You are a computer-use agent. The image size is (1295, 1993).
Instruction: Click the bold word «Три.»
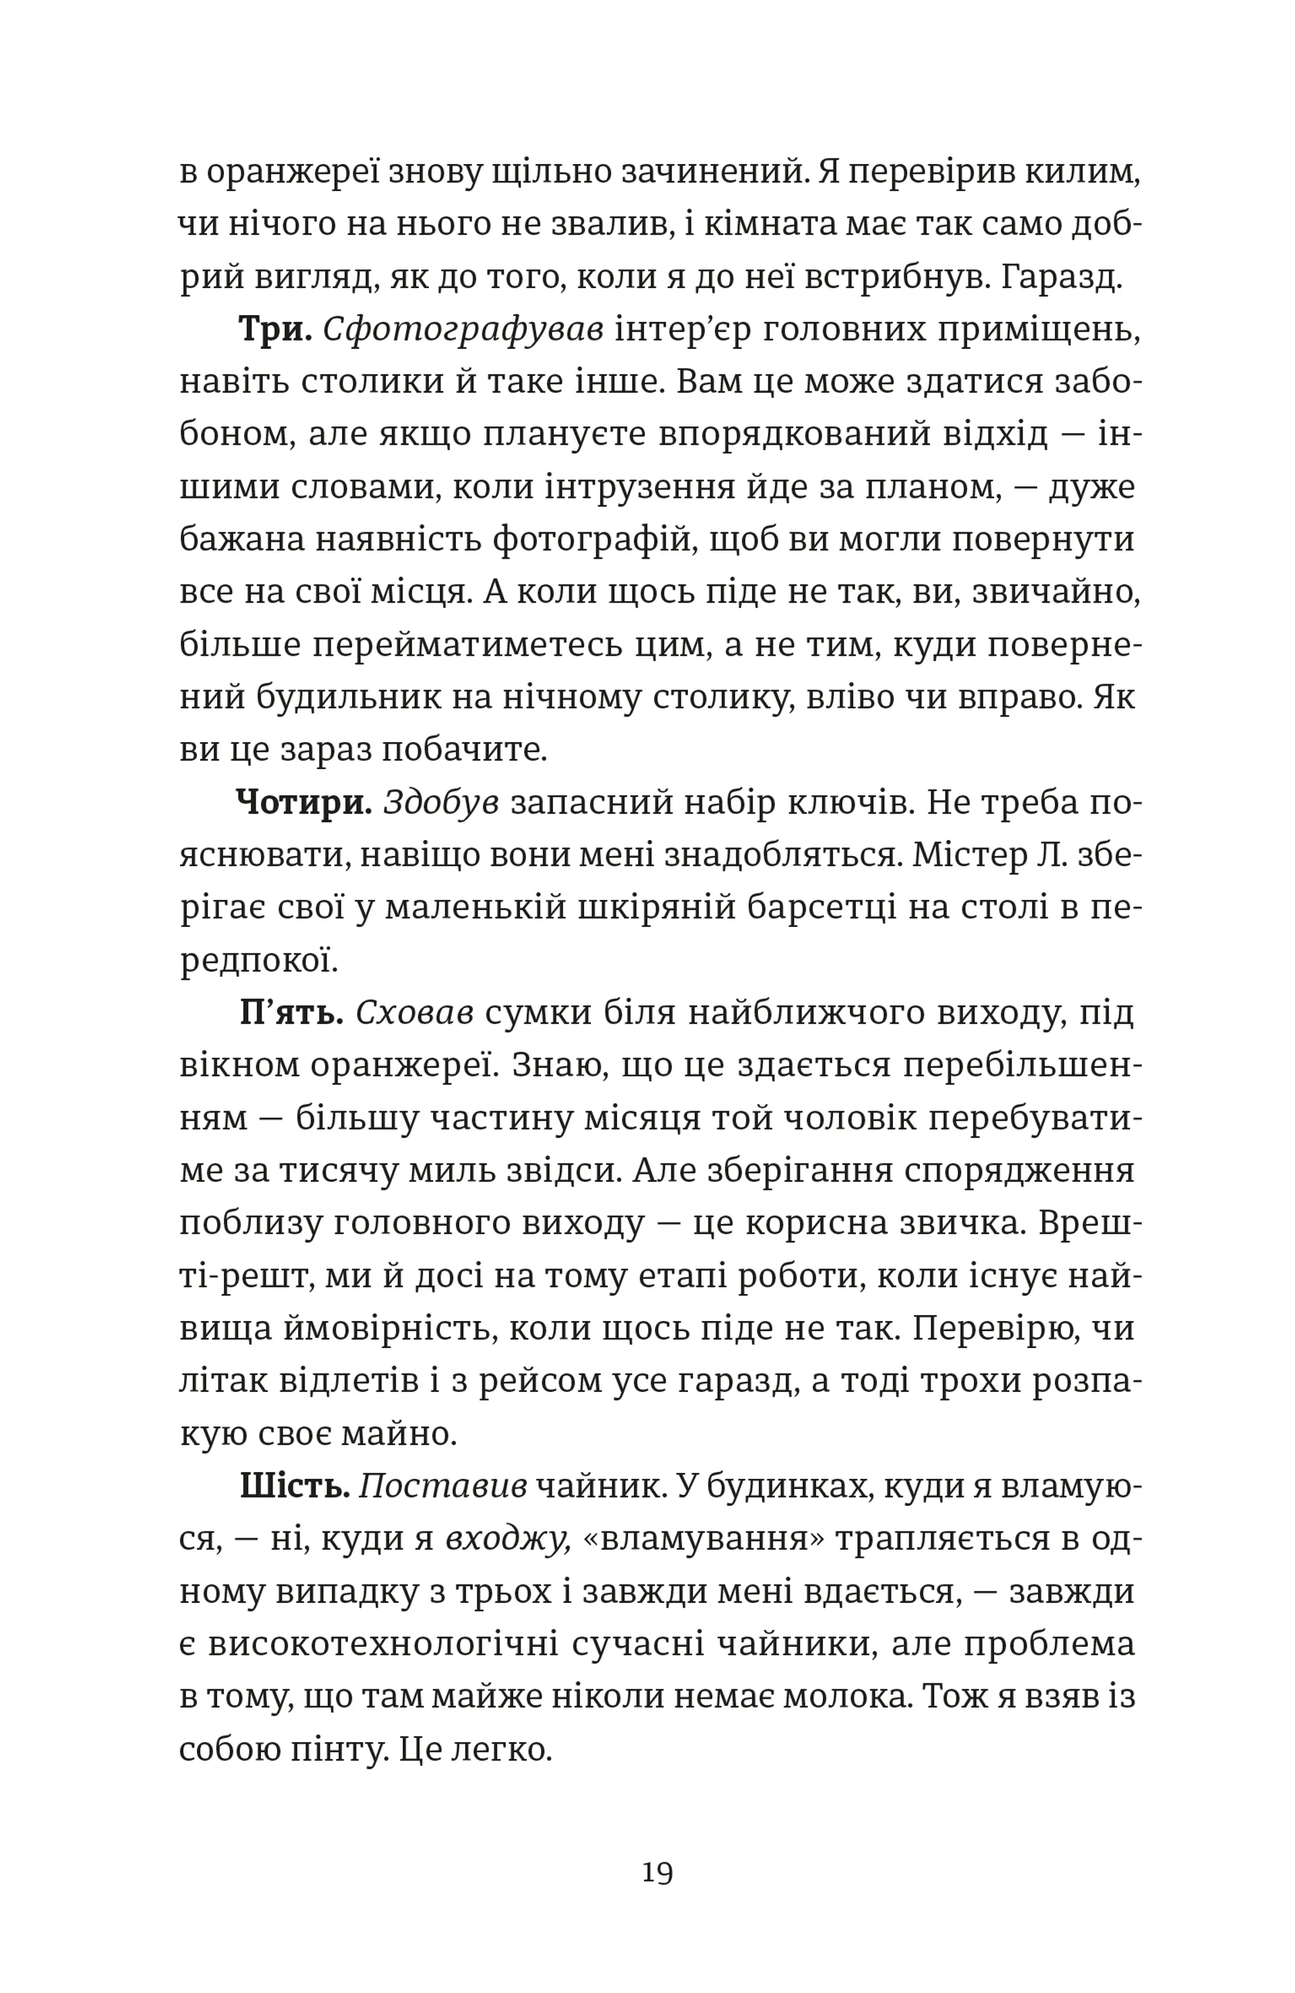[x=275, y=329]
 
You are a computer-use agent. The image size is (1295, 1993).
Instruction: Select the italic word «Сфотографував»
[x=462, y=329]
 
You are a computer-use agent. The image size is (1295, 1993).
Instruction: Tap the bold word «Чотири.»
[x=304, y=802]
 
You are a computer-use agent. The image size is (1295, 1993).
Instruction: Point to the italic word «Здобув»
[x=440, y=802]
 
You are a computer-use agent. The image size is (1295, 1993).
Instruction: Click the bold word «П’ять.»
[x=291, y=1013]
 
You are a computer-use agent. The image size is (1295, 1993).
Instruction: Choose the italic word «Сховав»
[x=414, y=1013]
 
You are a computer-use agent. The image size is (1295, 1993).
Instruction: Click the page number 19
[x=657, y=1872]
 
